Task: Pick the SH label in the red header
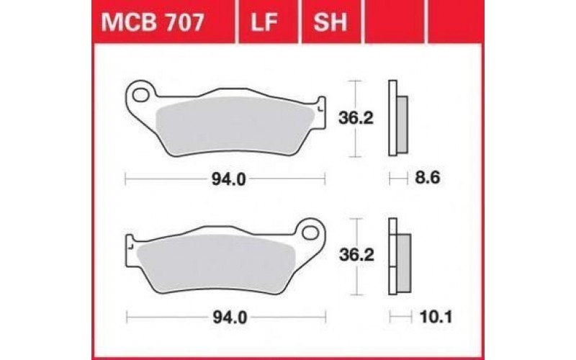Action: [331, 24]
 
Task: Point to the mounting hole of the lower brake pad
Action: [312, 233]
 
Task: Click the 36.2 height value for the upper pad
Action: [355, 118]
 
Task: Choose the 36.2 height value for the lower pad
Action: [355, 256]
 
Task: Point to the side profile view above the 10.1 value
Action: [398, 256]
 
